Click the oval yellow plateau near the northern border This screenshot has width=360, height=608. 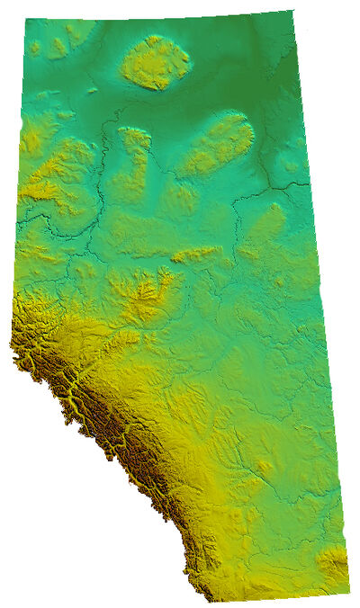pyautogui.click(x=156, y=63)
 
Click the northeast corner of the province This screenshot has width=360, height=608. pyautogui.click(x=292, y=12)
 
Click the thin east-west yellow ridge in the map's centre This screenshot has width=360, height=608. pyautogui.click(x=196, y=255)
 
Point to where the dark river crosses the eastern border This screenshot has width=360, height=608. pyautogui.click(x=307, y=184)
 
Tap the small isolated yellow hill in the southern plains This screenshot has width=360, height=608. pyautogui.click(x=263, y=467)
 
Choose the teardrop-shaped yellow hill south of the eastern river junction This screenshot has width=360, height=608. pyautogui.click(x=270, y=220)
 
